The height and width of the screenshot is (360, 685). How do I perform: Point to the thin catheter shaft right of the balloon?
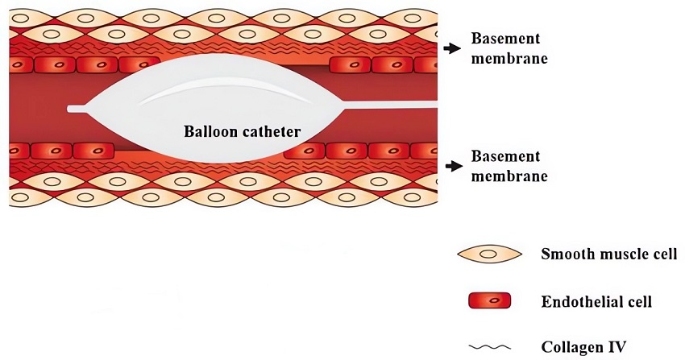click(x=395, y=107)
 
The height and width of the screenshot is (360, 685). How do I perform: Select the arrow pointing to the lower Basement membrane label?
click(x=449, y=165)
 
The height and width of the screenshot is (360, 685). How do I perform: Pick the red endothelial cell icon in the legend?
click(x=490, y=302)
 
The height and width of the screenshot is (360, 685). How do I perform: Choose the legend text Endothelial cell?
click(x=596, y=302)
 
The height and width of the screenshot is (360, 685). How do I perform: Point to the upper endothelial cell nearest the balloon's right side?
click(x=348, y=64)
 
